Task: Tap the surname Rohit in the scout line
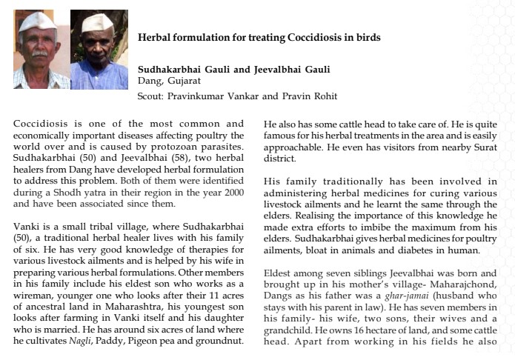coord(323,96)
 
